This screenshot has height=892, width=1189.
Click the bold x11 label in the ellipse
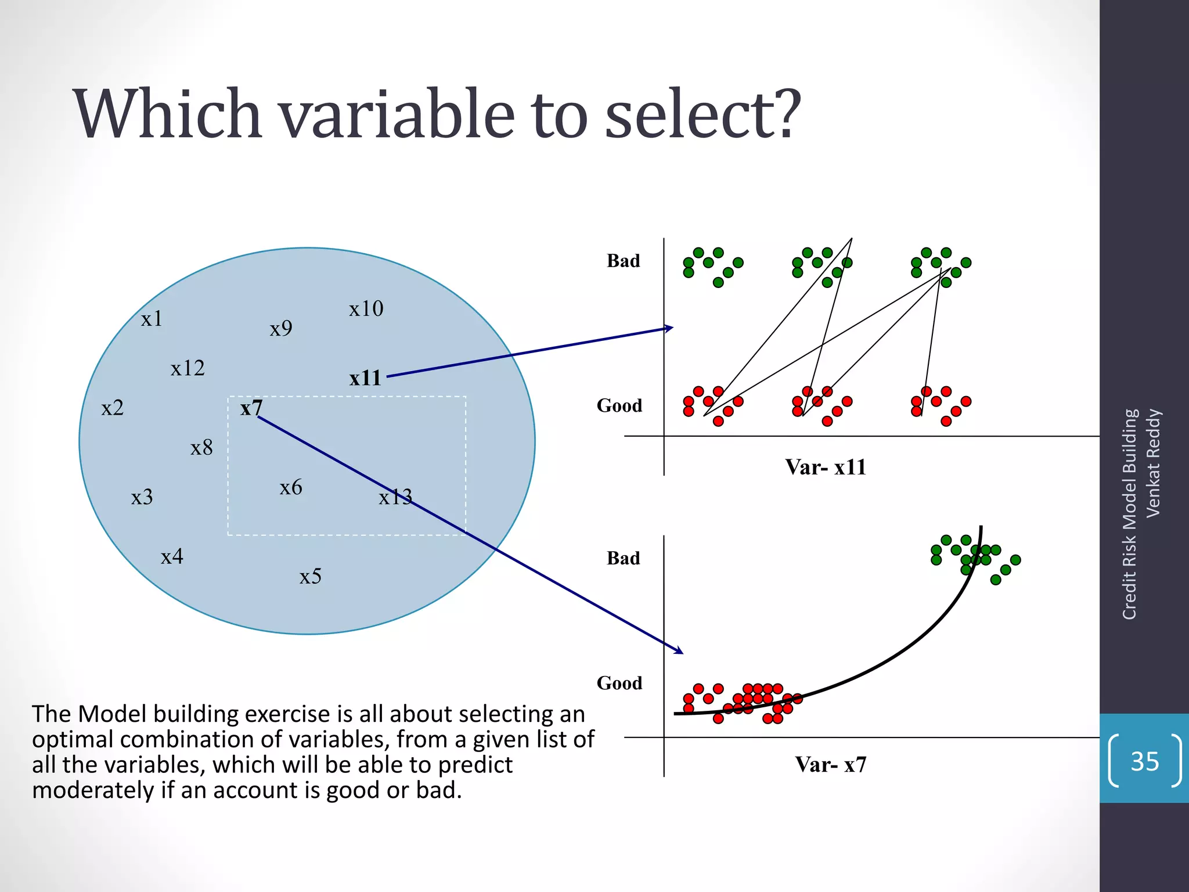click(365, 378)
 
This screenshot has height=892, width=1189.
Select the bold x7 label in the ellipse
click(251, 408)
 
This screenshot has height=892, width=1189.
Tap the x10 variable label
click(366, 308)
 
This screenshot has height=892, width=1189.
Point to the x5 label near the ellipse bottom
click(310, 576)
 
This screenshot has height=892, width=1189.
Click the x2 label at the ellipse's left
click(112, 408)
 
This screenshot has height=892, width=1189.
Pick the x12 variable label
click(188, 368)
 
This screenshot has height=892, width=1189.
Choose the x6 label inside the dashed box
click(290, 487)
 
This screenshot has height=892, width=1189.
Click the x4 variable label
click(172, 556)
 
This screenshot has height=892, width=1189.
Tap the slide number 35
click(1144, 761)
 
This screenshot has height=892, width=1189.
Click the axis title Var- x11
click(825, 467)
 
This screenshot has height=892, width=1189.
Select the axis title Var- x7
click(830, 764)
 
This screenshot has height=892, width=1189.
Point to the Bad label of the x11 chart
click(623, 261)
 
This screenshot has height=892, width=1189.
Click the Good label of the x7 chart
click(619, 683)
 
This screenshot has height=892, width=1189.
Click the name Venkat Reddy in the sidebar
click(1153, 463)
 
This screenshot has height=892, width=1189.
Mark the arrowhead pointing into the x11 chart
click(669, 328)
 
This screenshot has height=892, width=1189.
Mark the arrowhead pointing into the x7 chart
click(679, 651)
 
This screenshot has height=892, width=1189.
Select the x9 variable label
click(280, 329)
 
